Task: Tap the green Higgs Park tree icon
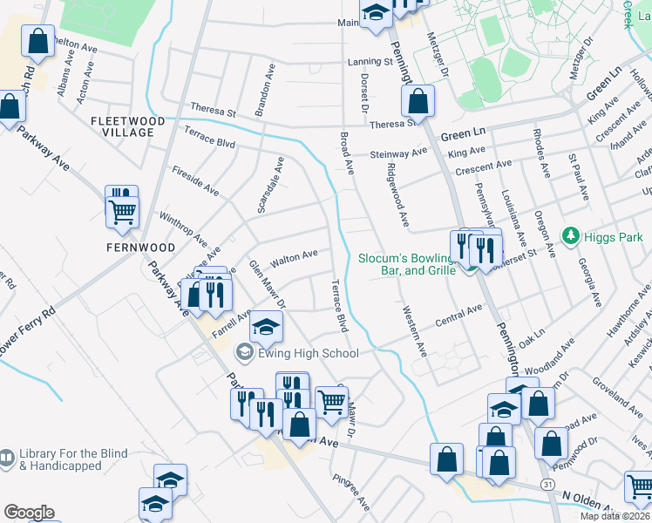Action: tap(572, 235)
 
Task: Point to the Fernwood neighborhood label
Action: tap(140, 248)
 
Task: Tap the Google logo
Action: tap(29, 512)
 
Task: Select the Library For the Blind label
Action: tap(73, 460)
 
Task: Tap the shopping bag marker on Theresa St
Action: tap(418, 101)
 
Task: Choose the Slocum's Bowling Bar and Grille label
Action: tap(407, 264)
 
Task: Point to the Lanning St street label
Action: tap(370, 62)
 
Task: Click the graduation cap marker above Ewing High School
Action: tap(267, 327)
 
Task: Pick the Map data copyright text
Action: tap(615, 516)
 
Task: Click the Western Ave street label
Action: tap(414, 330)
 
